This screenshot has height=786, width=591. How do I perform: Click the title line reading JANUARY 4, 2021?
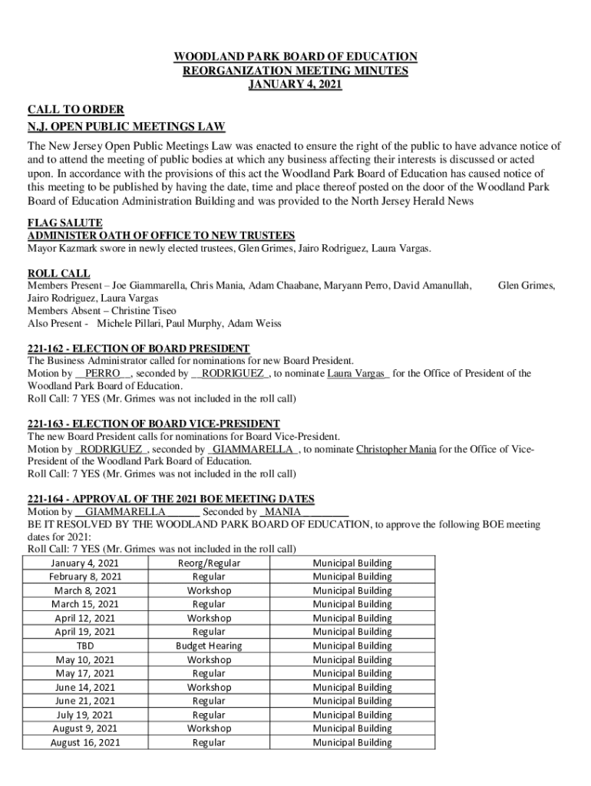point(295,84)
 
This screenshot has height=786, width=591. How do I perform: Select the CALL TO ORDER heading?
point(76,111)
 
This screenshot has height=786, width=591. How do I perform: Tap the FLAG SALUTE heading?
point(65,223)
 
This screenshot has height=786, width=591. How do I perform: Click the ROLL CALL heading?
point(59,273)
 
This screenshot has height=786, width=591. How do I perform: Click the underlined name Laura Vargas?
point(358,374)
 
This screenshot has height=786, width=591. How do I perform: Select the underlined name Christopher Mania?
point(396,449)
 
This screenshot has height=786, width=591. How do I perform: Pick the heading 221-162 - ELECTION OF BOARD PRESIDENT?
point(138,348)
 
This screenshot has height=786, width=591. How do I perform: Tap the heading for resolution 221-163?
point(154,424)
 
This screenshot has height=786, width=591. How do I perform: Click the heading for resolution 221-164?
point(170,499)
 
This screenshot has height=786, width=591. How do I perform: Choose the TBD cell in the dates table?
point(85,646)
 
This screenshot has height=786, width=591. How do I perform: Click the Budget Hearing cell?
point(209,646)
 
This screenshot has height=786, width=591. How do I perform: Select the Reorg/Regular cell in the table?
point(209,563)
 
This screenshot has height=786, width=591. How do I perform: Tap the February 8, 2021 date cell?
point(85,577)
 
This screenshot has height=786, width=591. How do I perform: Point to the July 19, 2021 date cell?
point(85,715)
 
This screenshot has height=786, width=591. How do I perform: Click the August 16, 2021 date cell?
point(85,743)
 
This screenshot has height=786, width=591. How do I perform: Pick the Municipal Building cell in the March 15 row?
point(352,605)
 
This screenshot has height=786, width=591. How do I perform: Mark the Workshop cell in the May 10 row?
point(209,660)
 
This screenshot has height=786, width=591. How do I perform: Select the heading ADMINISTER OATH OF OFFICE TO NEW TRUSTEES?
point(161,236)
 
